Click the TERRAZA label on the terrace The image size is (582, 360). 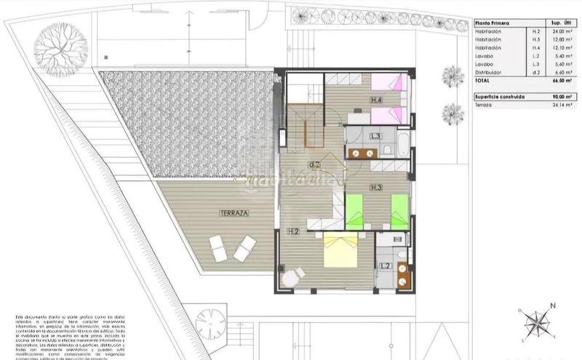pyautogui.click(x=234, y=213)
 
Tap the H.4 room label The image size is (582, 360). pyautogui.click(x=376, y=100)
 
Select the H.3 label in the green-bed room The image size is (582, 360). pyautogui.click(x=376, y=188)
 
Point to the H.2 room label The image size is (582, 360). pyautogui.click(x=292, y=232)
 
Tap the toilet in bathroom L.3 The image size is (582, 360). pyautogui.click(x=387, y=151)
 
